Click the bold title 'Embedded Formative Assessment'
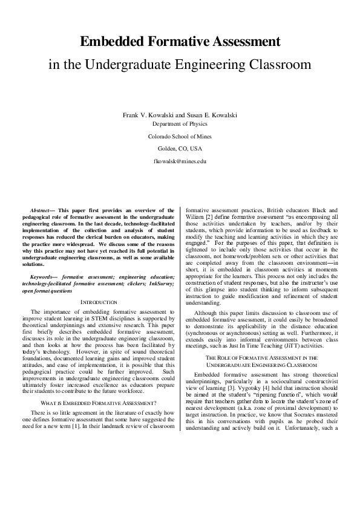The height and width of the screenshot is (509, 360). coord(180,42)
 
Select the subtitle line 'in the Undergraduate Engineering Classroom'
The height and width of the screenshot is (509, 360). coord(180,63)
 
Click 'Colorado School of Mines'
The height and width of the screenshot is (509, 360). coord(180,137)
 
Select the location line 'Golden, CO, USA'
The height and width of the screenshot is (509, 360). coord(180,149)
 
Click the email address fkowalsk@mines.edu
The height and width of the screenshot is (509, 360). coord(180,161)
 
